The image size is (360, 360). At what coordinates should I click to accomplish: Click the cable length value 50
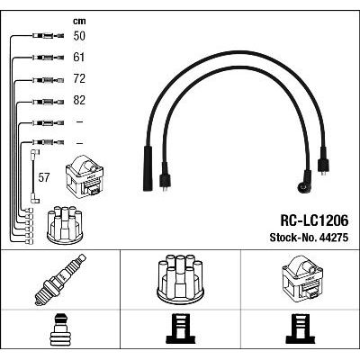click(79, 36)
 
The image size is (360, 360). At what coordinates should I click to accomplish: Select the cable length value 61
click(79, 58)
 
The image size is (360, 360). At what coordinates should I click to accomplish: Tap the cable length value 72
click(79, 78)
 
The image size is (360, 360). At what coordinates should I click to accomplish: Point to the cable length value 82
click(79, 100)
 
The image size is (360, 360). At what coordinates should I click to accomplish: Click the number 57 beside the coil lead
click(43, 177)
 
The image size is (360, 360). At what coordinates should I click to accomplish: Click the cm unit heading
click(79, 21)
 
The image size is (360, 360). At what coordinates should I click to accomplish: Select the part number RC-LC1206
click(314, 220)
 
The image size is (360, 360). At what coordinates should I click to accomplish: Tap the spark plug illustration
click(60, 280)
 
